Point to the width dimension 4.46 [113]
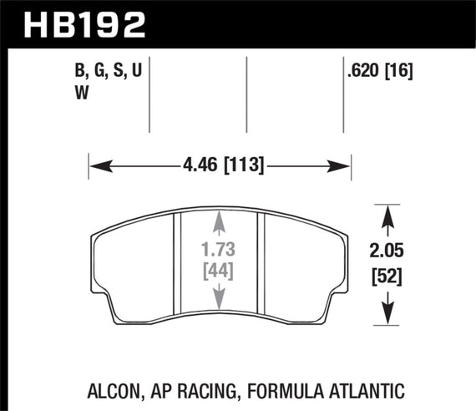tap(220, 165)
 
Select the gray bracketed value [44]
tap(217, 271)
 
